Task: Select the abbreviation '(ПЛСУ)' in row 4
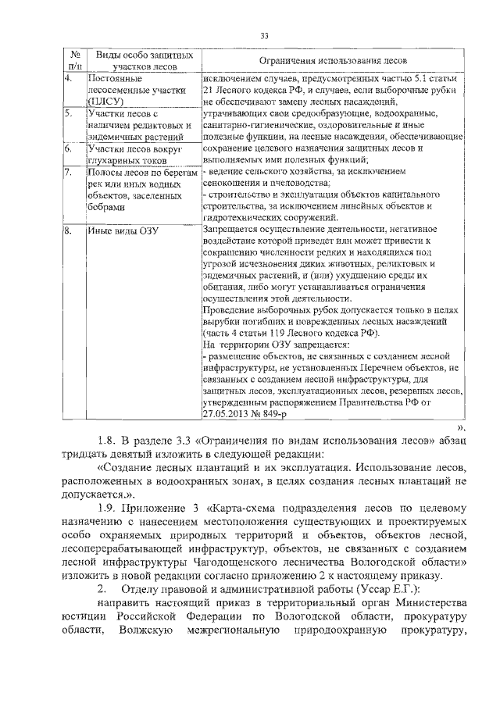pyautogui.click(x=105, y=102)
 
